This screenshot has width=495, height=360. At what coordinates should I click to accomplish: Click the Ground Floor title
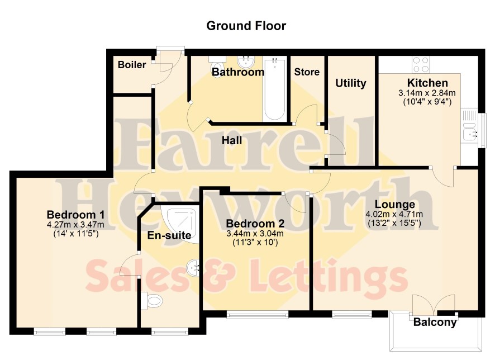click(x=246, y=26)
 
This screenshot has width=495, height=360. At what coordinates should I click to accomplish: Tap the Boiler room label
click(x=132, y=65)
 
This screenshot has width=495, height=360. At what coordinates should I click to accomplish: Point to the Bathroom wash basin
click(x=247, y=61)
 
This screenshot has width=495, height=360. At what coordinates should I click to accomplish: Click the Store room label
click(x=307, y=72)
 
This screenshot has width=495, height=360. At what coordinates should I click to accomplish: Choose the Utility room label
click(x=351, y=83)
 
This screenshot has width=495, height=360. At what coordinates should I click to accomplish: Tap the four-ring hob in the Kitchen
click(x=421, y=65)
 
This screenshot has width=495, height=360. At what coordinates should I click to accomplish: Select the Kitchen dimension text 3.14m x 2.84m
click(x=427, y=93)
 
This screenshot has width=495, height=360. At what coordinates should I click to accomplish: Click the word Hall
click(x=232, y=140)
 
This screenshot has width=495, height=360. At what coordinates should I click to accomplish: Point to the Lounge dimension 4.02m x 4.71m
click(x=394, y=215)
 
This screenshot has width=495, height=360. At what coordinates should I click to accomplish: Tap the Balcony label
click(x=435, y=322)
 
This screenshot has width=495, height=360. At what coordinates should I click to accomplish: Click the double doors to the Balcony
click(x=434, y=305)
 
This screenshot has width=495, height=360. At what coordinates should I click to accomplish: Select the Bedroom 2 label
click(x=255, y=224)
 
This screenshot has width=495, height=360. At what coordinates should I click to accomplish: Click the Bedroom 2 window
click(x=258, y=314)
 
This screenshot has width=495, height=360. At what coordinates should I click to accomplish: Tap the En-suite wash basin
click(x=193, y=268)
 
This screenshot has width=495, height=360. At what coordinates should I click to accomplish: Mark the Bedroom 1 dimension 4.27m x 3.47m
click(x=75, y=225)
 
